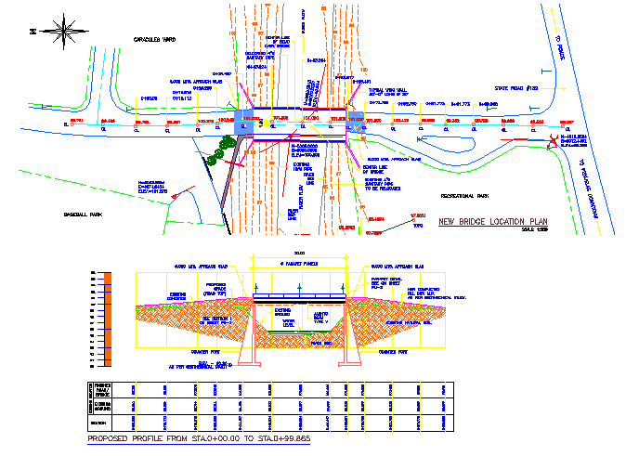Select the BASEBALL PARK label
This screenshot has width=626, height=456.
pos(83,214)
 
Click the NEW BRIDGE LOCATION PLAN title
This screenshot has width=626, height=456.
pos(493,223)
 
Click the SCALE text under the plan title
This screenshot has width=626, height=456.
pos(536,229)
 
